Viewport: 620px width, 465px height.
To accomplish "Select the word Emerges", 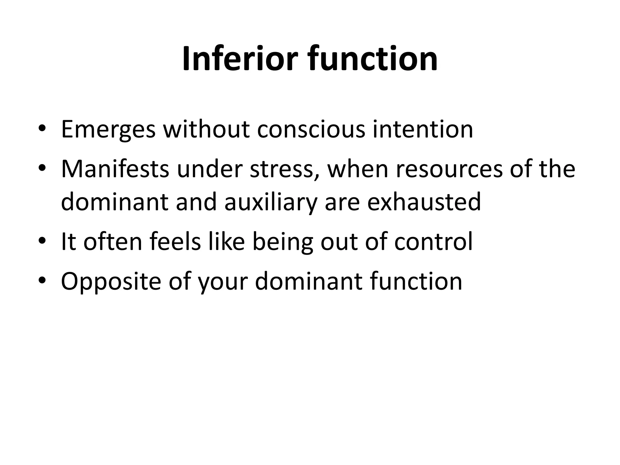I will click(108, 130).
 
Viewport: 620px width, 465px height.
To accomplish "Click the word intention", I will click(423, 129).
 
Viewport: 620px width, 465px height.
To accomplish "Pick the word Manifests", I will click(115, 169).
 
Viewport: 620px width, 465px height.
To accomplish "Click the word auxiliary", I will click(271, 202).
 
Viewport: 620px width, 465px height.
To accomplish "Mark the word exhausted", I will click(424, 202).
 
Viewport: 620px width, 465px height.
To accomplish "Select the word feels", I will click(175, 241).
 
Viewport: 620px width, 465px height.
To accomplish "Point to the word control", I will click(433, 241).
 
